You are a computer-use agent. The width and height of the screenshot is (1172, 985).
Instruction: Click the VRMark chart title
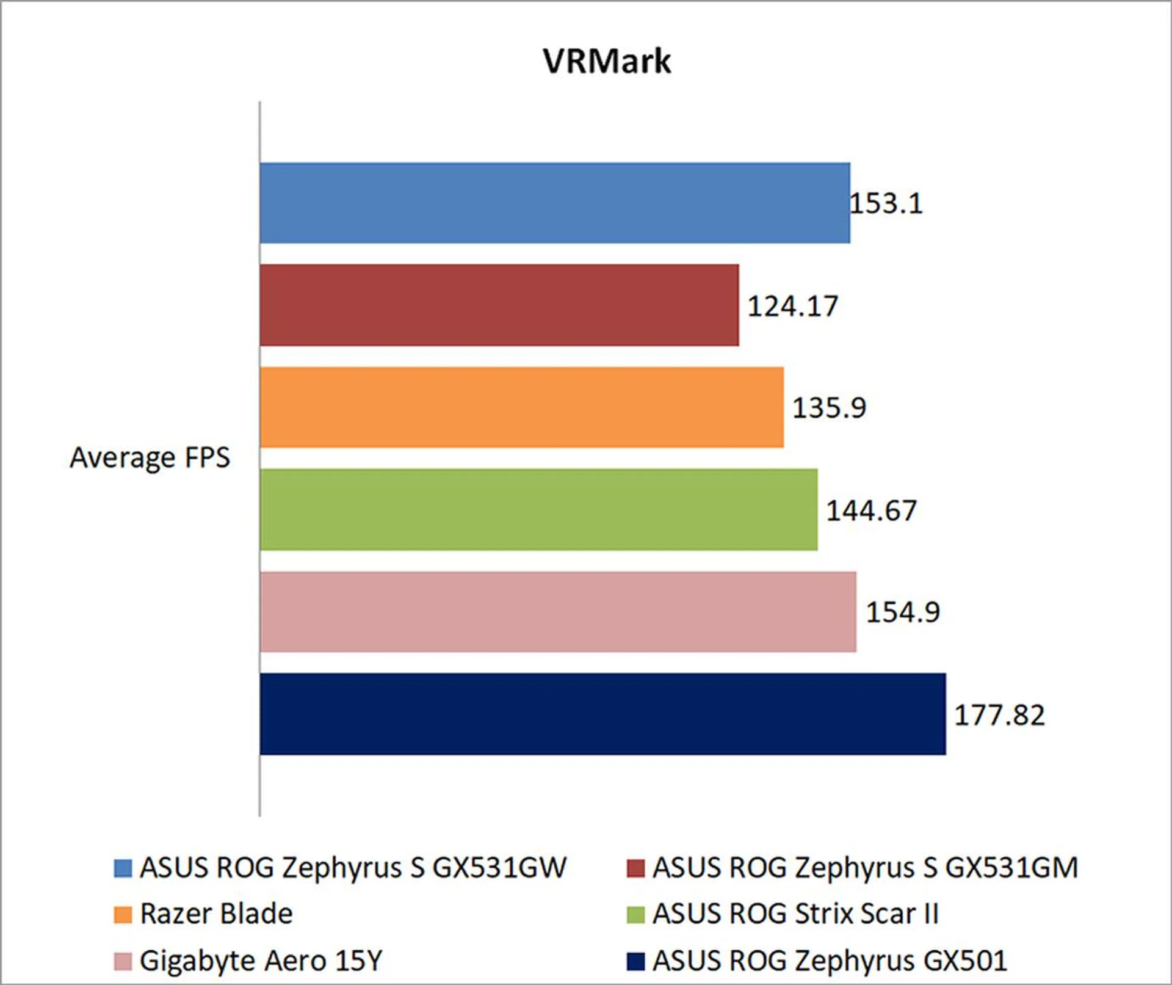[x=607, y=61]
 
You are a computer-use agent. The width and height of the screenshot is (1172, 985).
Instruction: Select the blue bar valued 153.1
[x=554, y=203]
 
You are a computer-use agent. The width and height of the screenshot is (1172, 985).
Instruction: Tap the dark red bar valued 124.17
[x=499, y=305]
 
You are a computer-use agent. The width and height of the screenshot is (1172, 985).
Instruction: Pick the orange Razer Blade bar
[x=521, y=407]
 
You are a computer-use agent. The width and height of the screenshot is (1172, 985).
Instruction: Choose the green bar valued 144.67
[x=538, y=509]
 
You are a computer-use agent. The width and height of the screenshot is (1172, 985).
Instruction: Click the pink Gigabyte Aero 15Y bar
[x=557, y=612]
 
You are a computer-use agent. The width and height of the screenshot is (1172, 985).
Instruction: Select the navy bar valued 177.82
[x=602, y=714]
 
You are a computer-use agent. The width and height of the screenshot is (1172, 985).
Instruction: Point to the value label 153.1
[x=886, y=203]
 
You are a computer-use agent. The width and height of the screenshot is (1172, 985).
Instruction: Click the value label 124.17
[x=793, y=306]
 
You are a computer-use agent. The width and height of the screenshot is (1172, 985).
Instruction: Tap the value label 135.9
[x=829, y=408]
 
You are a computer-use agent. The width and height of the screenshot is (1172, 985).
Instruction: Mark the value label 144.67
[x=871, y=511]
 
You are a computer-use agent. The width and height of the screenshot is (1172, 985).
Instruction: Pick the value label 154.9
[x=903, y=612]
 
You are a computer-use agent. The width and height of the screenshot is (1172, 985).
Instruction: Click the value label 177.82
[x=999, y=715]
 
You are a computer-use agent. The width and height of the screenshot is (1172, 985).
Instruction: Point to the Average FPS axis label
[x=150, y=458]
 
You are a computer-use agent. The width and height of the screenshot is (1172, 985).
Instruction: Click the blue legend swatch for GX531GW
[x=123, y=868]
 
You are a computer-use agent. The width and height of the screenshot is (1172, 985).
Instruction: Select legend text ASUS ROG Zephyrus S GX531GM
[x=865, y=868]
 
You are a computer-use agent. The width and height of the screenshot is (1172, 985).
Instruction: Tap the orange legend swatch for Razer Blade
[x=123, y=915]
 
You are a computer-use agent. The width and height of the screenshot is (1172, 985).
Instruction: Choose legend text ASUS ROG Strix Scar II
[x=795, y=914]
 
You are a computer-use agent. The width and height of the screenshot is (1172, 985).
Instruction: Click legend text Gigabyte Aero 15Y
[x=261, y=961]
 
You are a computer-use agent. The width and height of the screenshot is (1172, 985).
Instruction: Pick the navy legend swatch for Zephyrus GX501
[x=635, y=961]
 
